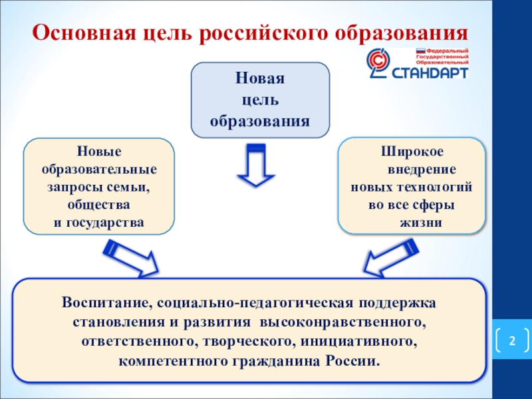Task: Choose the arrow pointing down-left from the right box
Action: point(390,257)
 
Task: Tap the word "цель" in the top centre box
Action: point(261,100)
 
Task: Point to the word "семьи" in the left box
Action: point(131,187)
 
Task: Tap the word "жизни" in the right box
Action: point(420,222)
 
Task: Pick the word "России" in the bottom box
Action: point(353,361)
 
